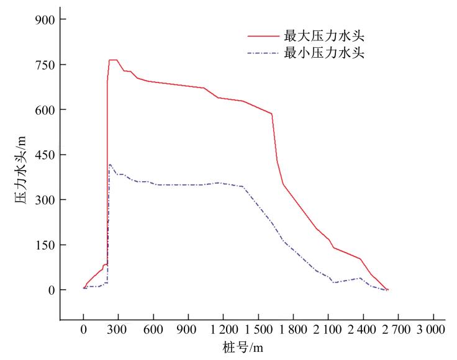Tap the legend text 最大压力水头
click(x=324, y=36)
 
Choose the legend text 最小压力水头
click(x=324, y=53)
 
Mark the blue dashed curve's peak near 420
click(x=110, y=164)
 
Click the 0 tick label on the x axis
click(x=84, y=330)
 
